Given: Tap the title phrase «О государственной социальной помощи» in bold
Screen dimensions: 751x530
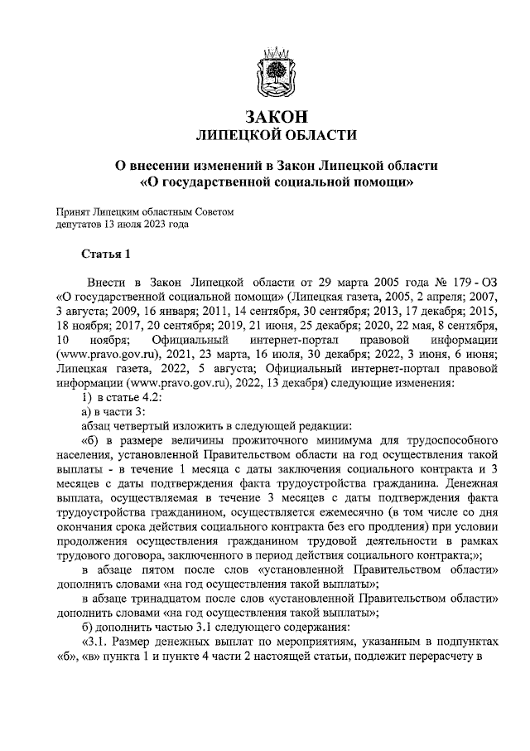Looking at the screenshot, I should coord(275,179).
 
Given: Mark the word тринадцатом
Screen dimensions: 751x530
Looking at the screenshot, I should coord(171,598).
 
